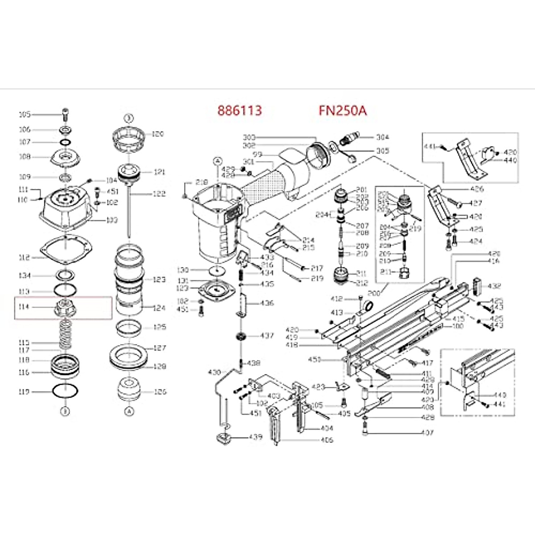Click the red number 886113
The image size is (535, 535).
pyautogui.click(x=239, y=110)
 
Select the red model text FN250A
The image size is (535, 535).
pyautogui.click(x=342, y=110)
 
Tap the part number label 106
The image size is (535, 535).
pyautogui.click(x=25, y=130)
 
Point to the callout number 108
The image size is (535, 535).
pyautogui.click(x=25, y=156)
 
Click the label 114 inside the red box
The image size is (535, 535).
pyautogui.click(x=24, y=307)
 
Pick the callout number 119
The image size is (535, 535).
pyautogui.click(x=24, y=391)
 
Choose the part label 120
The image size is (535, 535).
pyautogui.click(x=158, y=134)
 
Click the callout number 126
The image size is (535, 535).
pyautogui.click(x=160, y=391)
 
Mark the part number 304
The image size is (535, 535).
pyautogui.click(x=383, y=137)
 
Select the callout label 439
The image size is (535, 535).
pyautogui.click(x=255, y=437)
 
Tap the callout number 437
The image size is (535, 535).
pyautogui.click(x=267, y=335)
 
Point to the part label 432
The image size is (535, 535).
pyautogui.click(x=494, y=286)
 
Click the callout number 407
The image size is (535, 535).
pyautogui.click(x=427, y=432)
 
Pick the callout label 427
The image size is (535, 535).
pyautogui.click(x=476, y=203)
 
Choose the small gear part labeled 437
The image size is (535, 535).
pyautogui.click(x=242, y=336)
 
